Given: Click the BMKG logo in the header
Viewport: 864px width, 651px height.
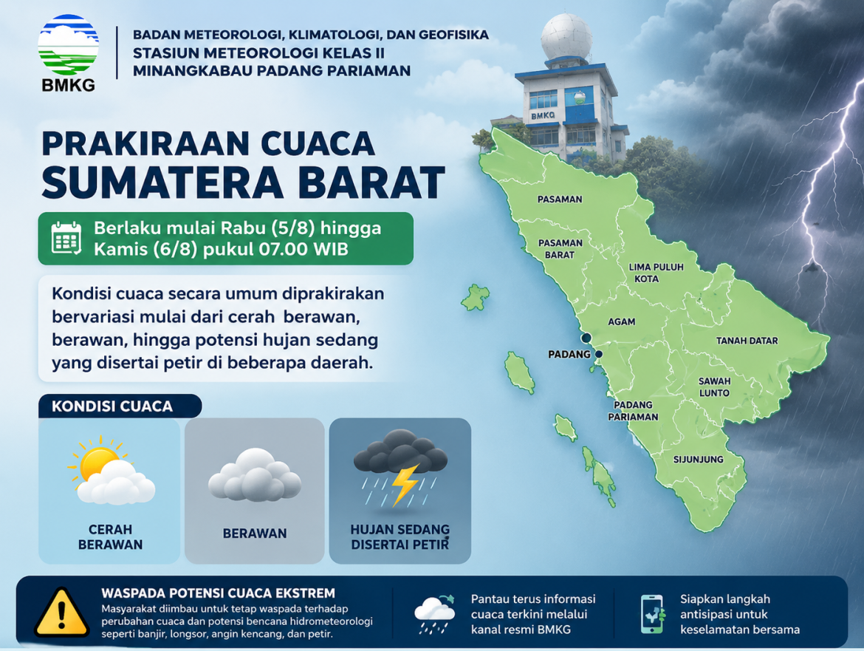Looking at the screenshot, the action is (x=69, y=52).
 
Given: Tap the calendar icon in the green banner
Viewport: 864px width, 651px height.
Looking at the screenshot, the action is (x=66, y=238).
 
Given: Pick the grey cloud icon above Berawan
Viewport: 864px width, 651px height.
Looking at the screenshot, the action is (x=255, y=474).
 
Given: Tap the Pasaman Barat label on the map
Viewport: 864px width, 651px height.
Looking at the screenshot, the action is (x=560, y=248).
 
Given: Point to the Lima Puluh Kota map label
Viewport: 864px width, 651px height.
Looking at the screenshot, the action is (x=656, y=273).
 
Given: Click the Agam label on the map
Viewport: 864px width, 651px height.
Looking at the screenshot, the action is (x=622, y=322).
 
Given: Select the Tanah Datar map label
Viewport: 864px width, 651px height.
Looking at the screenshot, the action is (x=747, y=341).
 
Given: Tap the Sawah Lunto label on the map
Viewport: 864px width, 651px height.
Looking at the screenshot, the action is (x=714, y=387).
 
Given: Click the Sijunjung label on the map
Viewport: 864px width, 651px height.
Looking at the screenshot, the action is (x=698, y=459).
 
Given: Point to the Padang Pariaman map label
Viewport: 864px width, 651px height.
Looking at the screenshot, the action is (x=633, y=411).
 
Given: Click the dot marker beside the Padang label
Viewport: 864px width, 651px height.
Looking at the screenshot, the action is (x=599, y=354).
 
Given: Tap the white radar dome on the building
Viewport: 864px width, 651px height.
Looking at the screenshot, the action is (x=566, y=37).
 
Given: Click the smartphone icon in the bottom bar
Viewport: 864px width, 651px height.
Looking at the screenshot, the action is (x=652, y=613).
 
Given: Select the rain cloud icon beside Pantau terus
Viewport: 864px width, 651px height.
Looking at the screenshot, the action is (x=435, y=613).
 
